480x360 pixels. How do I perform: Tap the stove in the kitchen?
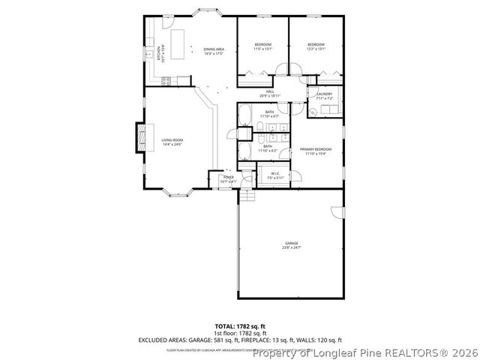pos(167,79)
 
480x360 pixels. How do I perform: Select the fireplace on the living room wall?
pos(139,136)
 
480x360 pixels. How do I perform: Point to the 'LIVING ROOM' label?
pos(172,140)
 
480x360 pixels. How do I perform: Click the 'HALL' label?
pos(269,92)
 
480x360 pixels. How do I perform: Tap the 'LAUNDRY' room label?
pos(324,94)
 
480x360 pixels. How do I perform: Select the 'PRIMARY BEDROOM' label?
pos(316,149)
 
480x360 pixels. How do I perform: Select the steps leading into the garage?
pos(247,196)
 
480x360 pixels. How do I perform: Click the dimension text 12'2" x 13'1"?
pos(315,48)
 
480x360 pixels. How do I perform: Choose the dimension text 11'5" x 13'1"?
pos(263,48)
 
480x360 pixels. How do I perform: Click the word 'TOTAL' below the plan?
pos(226,326)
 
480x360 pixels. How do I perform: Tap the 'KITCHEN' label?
pos(158,52)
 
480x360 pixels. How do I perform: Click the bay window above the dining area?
pos(204,13)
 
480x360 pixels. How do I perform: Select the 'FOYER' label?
pos(228,178)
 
